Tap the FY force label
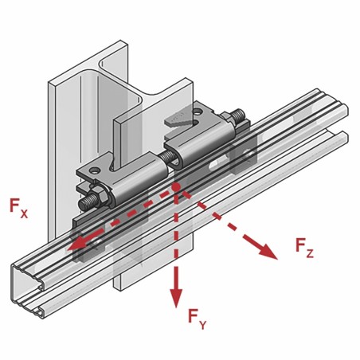197,319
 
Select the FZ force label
304,248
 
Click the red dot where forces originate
175,187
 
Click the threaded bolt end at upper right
238,116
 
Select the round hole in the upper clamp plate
198,112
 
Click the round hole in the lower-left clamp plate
93,170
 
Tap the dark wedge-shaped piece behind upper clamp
178,119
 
